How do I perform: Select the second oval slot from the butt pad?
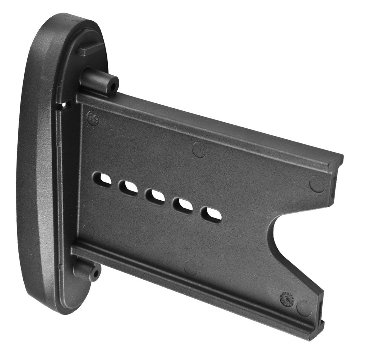128,187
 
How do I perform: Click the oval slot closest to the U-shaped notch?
211,214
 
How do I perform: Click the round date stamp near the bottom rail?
285,298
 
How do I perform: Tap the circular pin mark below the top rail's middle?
199,149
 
